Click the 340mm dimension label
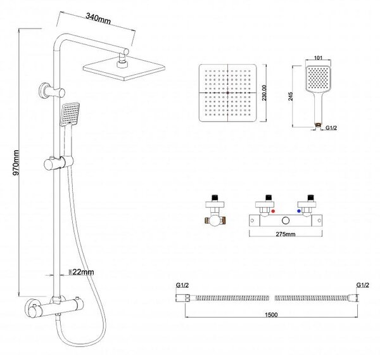coord(98,19)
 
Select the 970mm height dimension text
coord(16,162)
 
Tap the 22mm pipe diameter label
coord(83,272)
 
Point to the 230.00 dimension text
coord(264,93)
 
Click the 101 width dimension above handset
coord(318,58)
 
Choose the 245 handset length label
coord(291,96)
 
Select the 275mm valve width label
coord(286,234)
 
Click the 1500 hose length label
coord(271,314)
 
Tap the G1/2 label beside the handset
coord(331,128)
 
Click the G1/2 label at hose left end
coord(182,285)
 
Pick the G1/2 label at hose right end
coord(362,285)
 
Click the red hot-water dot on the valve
coord(273,211)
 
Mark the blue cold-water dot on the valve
coord(299,211)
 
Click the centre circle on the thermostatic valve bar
coord(286,221)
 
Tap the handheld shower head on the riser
coord(70,114)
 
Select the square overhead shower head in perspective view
coord(124,68)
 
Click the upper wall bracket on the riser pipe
coord(52,91)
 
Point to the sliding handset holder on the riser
coord(58,164)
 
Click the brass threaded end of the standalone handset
coord(318,125)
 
